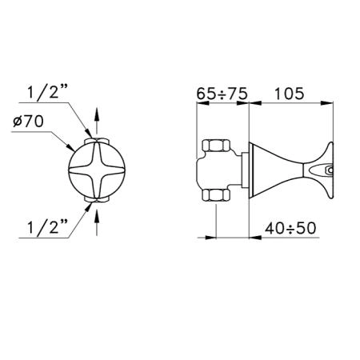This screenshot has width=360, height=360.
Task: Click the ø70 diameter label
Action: tap(28, 122)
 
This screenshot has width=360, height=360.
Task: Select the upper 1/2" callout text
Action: tap(47, 92)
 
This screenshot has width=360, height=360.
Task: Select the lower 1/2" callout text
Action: tap(47, 227)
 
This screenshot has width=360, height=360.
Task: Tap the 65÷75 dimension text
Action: tap(222, 94)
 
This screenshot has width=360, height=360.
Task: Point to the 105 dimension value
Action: tap(289, 94)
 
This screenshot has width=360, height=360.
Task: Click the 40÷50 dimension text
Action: tap(290, 228)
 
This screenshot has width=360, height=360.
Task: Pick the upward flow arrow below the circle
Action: tap(97, 222)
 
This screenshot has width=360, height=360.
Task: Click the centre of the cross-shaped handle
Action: tap(97, 170)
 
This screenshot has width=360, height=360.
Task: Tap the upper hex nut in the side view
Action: tap(216, 146)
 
